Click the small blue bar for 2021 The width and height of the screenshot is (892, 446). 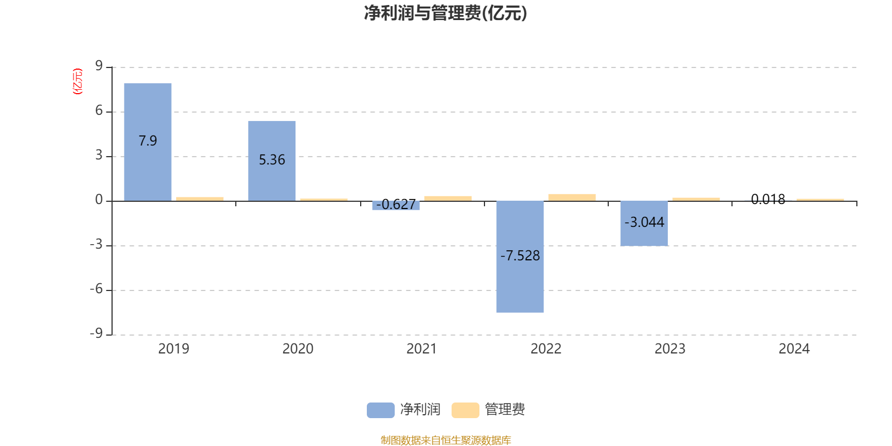tap(395, 206)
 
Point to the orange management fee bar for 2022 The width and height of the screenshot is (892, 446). tap(571, 197)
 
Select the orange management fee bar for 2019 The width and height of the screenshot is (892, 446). tap(199, 198)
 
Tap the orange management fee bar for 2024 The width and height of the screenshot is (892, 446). tap(820, 199)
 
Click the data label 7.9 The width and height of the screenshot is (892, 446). tap(148, 141)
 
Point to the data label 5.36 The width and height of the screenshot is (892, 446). tap(272, 160)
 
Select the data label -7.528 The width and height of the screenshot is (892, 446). tap(520, 256)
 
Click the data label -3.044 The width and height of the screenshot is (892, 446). tap(644, 222)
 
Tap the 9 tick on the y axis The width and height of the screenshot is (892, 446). tap(99, 66)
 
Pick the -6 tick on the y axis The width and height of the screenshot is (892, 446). tap(96, 289)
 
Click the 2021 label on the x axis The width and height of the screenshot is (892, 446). tap(421, 349)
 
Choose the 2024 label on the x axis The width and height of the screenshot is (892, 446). tap(794, 349)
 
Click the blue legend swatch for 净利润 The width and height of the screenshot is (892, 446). tap(380, 410)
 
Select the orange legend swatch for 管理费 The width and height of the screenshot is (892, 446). tap(465, 410)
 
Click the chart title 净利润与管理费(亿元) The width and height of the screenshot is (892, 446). tap(445, 13)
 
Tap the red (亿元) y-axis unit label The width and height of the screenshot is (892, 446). tap(77, 81)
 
